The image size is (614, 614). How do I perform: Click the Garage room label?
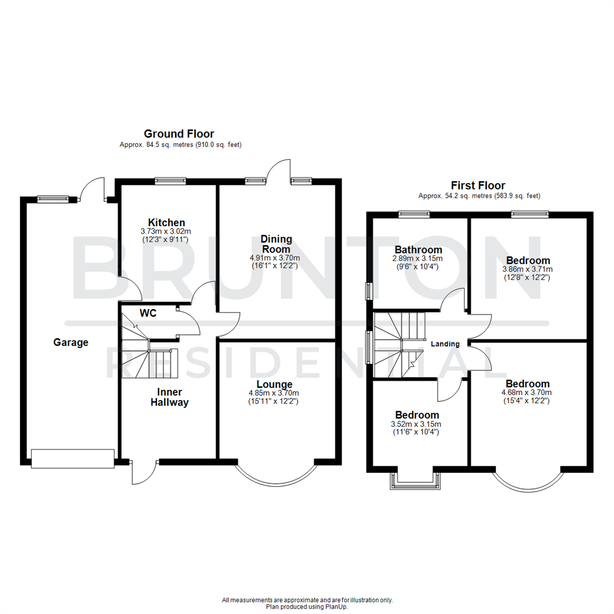click(71, 342)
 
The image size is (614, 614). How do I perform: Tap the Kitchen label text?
click(167, 222)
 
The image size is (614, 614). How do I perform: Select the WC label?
click(149, 313)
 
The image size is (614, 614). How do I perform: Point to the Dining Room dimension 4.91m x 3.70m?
click(276, 258)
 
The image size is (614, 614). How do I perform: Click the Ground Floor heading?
click(179, 134)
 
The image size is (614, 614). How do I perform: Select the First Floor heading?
click(478, 185)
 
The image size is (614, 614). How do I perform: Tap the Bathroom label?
click(418, 250)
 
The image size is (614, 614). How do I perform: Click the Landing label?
click(445, 344)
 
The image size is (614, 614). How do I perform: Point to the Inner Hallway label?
click(169, 397)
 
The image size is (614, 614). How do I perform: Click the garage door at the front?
click(72, 458)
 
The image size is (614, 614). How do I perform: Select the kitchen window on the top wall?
click(171, 181)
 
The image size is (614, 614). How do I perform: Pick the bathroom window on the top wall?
click(413, 214)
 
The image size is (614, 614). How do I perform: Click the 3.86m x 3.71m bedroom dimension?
click(527, 269)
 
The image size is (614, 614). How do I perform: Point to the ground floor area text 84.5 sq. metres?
click(181, 145)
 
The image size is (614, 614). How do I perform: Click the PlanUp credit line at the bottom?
click(307, 607)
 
